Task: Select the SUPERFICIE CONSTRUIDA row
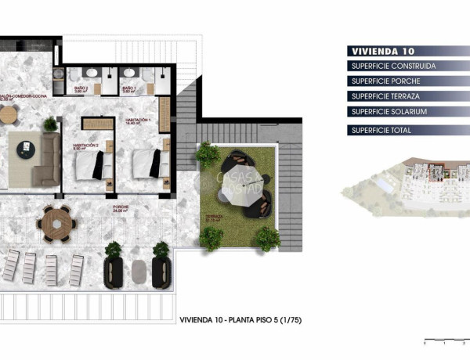tap(393, 66)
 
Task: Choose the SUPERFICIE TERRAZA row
tap(385, 96)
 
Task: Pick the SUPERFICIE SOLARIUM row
tap(389, 112)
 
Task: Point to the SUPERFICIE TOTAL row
tap(381, 130)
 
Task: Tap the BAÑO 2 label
tap(81, 89)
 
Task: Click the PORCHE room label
tap(120, 208)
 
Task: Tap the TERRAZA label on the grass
tap(212, 217)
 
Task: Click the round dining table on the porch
tap(57, 223)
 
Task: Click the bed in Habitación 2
tap(88, 165)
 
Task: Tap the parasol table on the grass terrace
tap(246, 184)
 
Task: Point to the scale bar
tap(443, 341)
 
